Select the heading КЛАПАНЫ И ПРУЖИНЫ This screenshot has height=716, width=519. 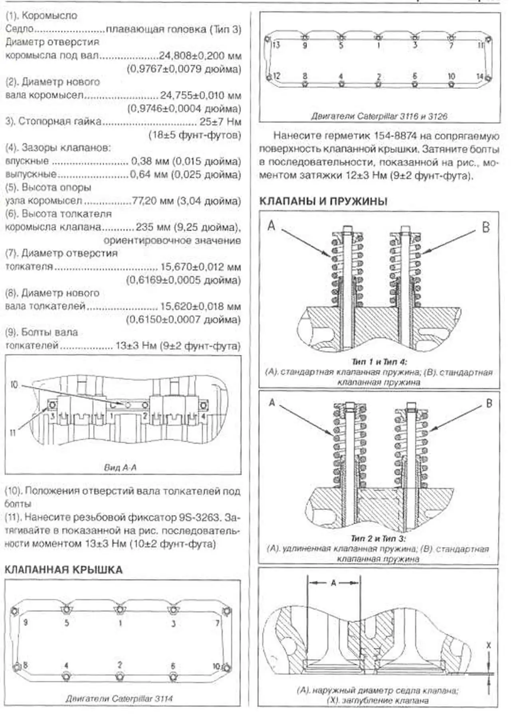tap(323, 201)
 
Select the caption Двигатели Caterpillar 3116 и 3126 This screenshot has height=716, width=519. tap(379, 116)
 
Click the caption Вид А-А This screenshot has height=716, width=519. tap(120, 467)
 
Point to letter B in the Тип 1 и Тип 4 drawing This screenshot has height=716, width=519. tap(486, 227)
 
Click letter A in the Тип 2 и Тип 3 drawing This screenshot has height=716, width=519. tap(272, 403)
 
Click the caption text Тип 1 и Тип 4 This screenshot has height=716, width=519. tap(378, 362)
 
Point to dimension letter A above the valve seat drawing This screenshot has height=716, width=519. tap(334, 583)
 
